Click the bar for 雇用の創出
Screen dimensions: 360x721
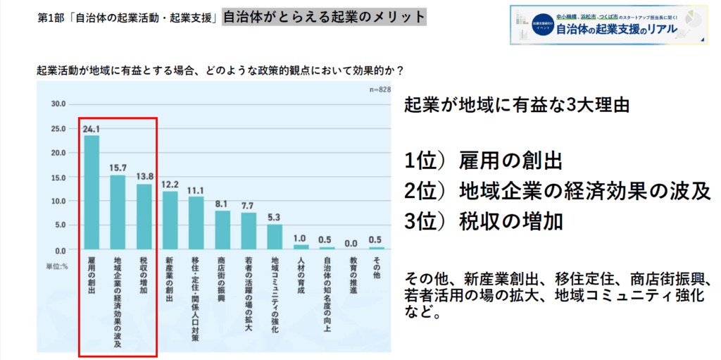point(92,192)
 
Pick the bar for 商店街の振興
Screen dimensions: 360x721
point(223,230)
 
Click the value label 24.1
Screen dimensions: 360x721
point(92,129)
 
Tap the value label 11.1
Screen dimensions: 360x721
point(196,191)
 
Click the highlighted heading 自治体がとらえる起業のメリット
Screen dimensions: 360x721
point(324,16)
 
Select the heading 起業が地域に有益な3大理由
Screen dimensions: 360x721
point(516,106)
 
